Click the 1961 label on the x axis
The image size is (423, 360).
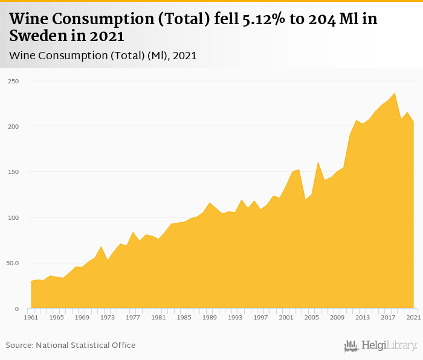pos(31,317)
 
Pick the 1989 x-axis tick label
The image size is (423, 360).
pos(209,317)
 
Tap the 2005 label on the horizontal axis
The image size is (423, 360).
pos(311,317)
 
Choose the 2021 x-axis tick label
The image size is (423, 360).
pos(413,317)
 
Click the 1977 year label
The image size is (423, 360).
pos(133,317)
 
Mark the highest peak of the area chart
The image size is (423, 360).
pos(395,93)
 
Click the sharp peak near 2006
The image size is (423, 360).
pos(318,162)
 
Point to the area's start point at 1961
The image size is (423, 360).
pos(31,281)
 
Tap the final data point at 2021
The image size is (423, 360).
pos(413,122)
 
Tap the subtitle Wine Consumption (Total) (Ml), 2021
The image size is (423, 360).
pos(103,56)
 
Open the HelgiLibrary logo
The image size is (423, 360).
pos(381,346)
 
